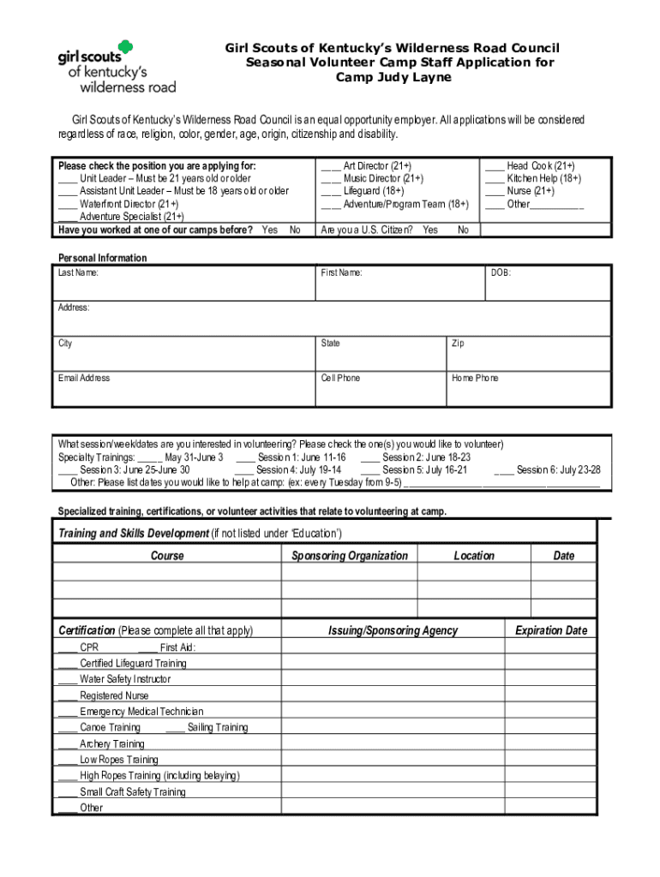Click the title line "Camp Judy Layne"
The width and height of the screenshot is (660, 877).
(x=392, y=77)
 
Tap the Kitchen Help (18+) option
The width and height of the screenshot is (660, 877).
(x=543, y=178)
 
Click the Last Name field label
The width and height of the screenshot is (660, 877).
(x=78, y=273)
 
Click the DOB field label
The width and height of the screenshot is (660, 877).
(x=501, y=273)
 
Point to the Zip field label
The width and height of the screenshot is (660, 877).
(x=458, y=343)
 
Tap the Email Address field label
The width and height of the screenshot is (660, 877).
(x=84, y=378)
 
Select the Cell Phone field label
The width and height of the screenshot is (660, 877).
(x=340, y=378)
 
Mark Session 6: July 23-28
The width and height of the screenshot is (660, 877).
(x=558, y=469)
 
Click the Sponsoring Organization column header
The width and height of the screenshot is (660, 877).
(x=350, y=556)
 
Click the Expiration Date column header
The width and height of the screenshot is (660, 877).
(x=550, y=630)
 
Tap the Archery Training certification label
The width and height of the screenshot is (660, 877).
(x=112, y=743)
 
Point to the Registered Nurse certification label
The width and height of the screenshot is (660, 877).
(x=114, y=695)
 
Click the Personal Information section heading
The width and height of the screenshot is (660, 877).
(x=102, y=258)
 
